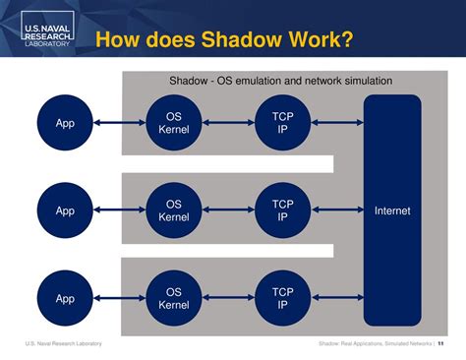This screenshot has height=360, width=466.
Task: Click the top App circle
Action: coord(65,123)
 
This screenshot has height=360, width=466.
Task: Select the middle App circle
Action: coord(65,210)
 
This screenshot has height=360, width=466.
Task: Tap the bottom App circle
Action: coord(65,298)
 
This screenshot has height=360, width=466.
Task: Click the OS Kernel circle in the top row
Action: coord(173,123)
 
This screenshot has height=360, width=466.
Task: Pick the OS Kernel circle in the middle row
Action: coord(173,210)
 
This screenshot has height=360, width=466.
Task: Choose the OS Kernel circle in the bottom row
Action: coord(173,298)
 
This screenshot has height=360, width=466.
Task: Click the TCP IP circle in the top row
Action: coord(282,123)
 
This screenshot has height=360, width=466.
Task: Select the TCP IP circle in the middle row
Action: coord(282,210)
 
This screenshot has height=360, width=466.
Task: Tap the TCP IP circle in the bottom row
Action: coord(282,298)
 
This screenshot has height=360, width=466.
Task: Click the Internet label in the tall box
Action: coord(392,210)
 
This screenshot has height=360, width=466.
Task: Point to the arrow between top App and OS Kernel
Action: coord(119,123)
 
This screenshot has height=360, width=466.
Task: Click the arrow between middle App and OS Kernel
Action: coord(119,210)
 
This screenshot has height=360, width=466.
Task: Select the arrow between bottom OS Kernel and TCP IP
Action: coord(228,298)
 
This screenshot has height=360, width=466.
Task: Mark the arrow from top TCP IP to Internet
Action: coord(337,123)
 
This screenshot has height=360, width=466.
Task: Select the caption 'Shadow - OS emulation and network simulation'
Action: coord(281,81)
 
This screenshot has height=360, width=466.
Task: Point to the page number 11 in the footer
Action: coord(439,343)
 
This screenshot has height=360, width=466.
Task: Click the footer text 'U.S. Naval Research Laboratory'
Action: coord(63,343)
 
